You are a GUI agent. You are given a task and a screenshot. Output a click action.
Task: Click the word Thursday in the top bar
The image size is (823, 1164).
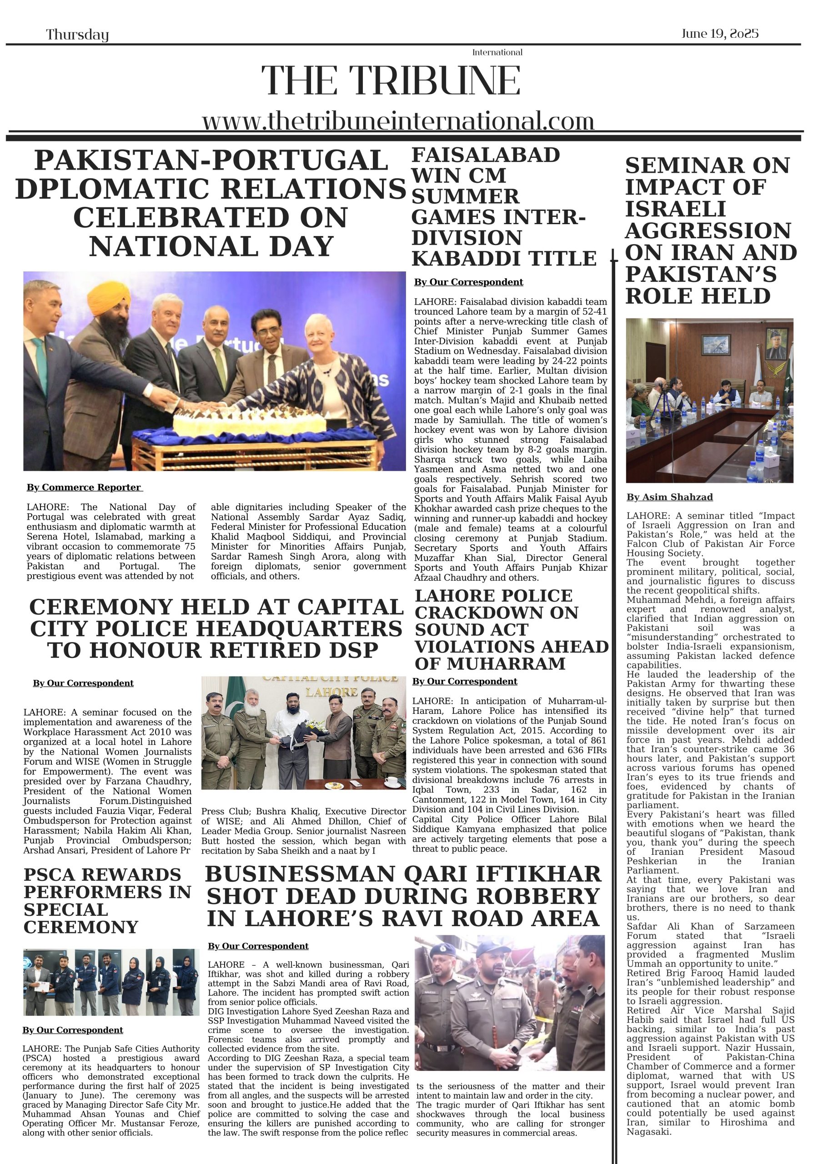click(77, 35)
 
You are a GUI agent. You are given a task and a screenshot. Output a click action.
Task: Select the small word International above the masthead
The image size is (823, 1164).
click(497, 52)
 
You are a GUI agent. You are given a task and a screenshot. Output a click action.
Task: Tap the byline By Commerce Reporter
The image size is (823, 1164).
click(84, 487)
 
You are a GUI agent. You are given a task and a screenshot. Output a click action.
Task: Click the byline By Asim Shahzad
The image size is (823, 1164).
click(669, 497)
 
